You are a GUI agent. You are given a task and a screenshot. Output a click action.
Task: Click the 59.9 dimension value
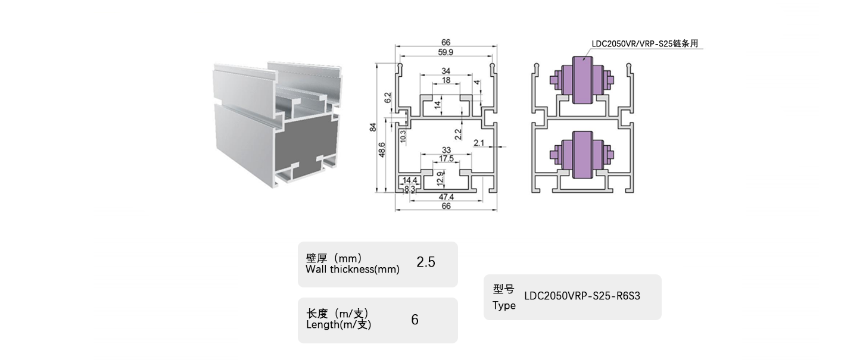click(x=446, y=52)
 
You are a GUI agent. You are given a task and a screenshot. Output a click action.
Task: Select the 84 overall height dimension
click(x=373, y=127)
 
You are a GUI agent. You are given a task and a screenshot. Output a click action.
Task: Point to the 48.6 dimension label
click(x=382, y=150)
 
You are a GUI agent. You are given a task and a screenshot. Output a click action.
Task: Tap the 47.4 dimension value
click(x=446, y=196)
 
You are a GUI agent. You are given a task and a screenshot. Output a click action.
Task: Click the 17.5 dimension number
click(x=446, y=159)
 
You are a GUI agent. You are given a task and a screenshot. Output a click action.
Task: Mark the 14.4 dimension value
click(x=410, y=180)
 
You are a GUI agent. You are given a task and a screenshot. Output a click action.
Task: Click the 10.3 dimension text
click(x=403, y=136)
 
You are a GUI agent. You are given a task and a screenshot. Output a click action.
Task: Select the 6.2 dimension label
click(x=388, y=98)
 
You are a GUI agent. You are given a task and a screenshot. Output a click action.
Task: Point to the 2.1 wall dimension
click(x=480, y=142)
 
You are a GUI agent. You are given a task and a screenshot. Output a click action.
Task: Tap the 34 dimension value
click(x=446, y=72)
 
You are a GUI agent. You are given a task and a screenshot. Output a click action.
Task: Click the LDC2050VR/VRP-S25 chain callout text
click(x=644, y=44)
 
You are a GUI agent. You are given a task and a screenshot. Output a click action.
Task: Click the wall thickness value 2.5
click(x=426, y=262)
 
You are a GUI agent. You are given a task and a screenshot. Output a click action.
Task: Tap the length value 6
click(x=415, y=320)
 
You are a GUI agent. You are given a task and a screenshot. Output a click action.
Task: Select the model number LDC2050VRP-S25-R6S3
click(x=582, y=296)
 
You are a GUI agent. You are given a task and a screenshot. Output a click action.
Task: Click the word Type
click(x=504, y=306)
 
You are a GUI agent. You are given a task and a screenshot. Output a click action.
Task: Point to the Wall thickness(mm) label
click(x=352, y=269)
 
